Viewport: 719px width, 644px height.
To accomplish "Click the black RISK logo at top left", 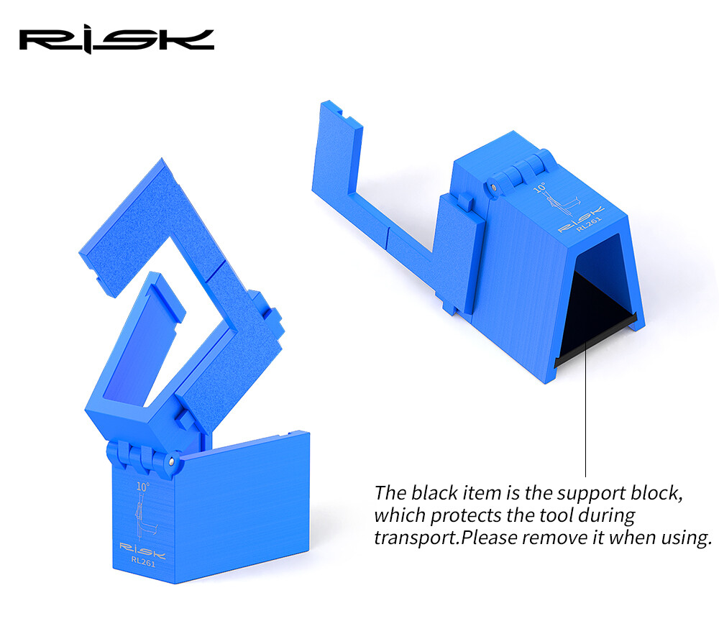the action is (x=116, y=41).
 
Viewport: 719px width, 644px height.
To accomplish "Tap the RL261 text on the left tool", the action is (x=143, y=561).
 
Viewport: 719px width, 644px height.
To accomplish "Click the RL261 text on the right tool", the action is (x=589, y=224).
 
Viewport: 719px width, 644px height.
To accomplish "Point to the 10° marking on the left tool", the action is (x=142, y=487).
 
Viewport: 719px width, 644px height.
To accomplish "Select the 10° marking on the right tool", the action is (x=540, y=188).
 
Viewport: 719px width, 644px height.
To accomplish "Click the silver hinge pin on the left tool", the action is (x=171, y=461).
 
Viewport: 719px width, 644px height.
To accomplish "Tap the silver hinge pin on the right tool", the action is (x=493, y=187).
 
